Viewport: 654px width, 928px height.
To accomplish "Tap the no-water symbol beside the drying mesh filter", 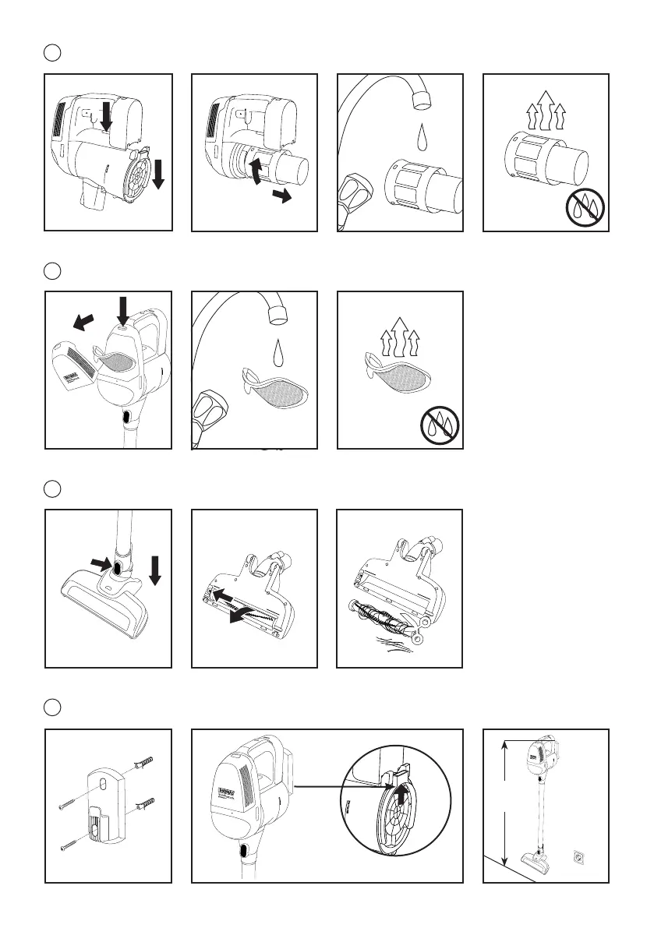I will point(439,425).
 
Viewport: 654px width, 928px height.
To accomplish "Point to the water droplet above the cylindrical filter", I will point(422,136).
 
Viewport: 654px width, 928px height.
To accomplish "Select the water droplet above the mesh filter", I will point(276,355).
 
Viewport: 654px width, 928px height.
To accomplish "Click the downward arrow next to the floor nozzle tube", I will point(154,570).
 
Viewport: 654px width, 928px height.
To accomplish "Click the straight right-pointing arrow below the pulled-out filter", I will point(281,197).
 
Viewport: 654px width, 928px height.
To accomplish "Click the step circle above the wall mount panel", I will point(51,707).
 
